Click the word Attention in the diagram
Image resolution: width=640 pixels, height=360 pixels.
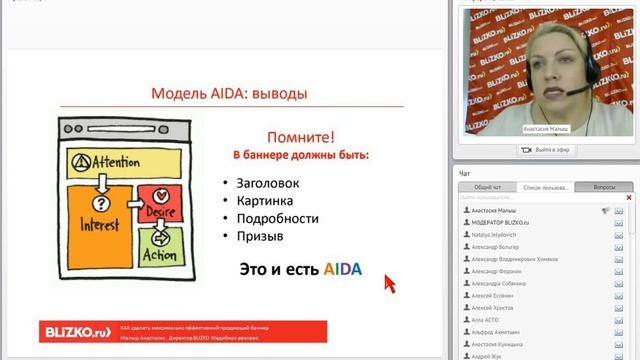pyautogui.click(x=110, y=163)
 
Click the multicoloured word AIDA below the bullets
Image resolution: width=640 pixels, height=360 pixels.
pyautogui.click(x=341, y=269)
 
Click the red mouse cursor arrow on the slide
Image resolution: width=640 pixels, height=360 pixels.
pyautogui.click(x=389, y=283)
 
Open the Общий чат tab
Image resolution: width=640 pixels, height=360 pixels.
pyautogui.click(x=487, y=187)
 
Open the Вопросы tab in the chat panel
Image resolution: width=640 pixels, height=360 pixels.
pyautogui.click(x=604, y=187)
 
